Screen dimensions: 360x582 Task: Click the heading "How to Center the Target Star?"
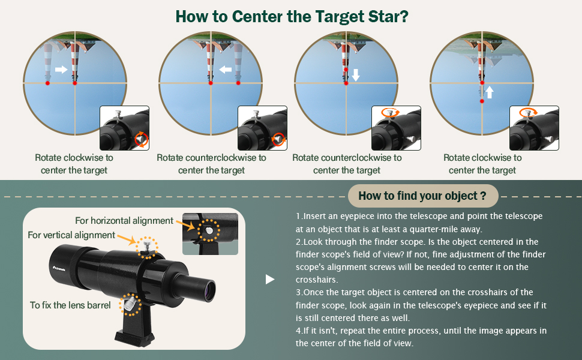[292, 16]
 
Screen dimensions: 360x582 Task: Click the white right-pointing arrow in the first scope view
[61, 70]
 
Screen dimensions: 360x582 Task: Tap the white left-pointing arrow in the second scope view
[226, 70]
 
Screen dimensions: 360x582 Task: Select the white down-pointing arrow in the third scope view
[355, 74]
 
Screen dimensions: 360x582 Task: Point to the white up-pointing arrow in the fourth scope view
[490, 92]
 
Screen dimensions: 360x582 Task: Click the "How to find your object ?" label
[422, 196]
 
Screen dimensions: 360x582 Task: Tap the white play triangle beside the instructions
[270, 279]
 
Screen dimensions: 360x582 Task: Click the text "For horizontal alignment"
[124, 221]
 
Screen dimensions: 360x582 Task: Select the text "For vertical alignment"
[71, 235]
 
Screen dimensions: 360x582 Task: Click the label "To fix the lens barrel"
[70, 305]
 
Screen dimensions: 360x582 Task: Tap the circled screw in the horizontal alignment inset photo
[208, 229]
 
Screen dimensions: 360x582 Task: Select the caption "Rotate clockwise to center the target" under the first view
[74, 164]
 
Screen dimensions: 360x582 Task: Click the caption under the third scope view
[347, 164]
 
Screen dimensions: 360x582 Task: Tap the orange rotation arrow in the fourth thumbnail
[528, 112]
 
